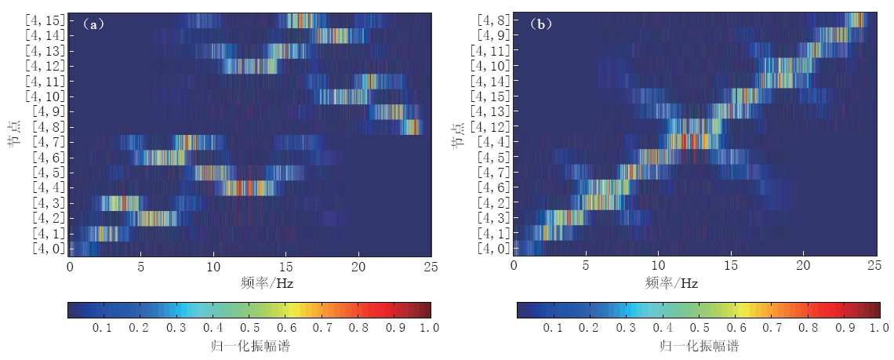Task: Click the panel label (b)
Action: point(540,24)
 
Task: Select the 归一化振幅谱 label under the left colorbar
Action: point(249,345)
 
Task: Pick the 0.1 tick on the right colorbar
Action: point(551,328)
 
